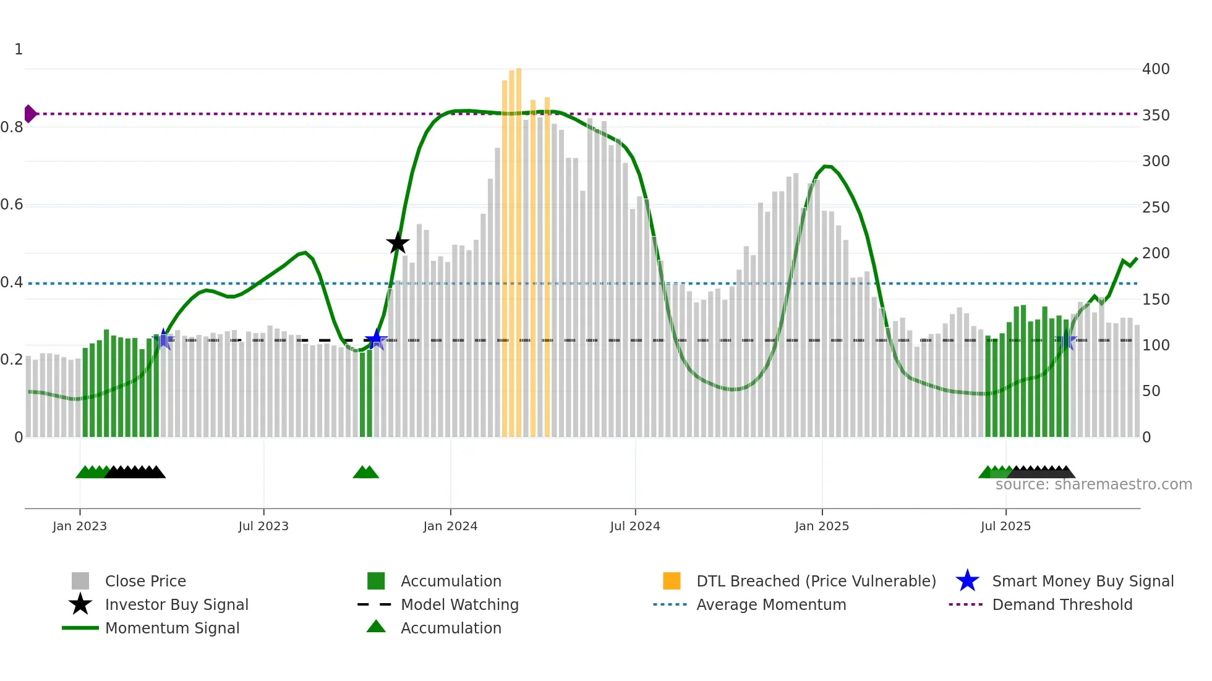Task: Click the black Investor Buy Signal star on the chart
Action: coord(398,243)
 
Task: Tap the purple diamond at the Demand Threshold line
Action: coord(30,114)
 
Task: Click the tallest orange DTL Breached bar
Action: coord(519,252)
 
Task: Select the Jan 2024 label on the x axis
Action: coord(450,526)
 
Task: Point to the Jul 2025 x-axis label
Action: coord(1005,526)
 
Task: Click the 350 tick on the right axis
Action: coord(1156,116)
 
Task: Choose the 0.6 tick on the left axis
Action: coord(12,205)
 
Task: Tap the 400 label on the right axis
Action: coord(1156,69)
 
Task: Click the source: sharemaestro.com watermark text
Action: coord(1093,484)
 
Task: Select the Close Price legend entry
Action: coord(145,581)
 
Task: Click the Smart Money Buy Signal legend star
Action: coord(967,581)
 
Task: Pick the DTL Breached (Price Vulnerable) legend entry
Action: coord(816,581)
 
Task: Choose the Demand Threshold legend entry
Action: coord(1062,604)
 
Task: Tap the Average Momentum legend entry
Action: coord(770,604)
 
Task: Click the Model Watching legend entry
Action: coord(459,604)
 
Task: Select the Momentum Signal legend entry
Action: coord(172,628)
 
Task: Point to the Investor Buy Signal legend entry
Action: coord(176,604)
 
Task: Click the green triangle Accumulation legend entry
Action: coord(451,628)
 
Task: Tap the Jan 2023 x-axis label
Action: coord(80,526)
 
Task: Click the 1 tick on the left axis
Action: coord(19,49)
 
